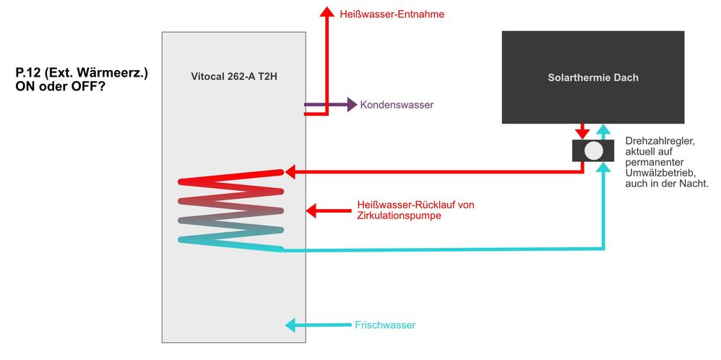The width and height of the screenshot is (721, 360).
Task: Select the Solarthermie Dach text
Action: click(593, 77)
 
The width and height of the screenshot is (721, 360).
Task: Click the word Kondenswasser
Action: click(397, 106)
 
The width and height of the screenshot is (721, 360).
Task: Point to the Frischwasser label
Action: click(385, 325)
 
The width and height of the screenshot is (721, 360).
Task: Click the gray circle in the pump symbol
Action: click(593, 150)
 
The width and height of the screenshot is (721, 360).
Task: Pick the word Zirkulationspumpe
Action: click(399, 215)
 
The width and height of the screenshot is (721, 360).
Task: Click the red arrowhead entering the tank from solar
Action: click(291, 172)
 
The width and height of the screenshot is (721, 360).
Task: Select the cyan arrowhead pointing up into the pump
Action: click(604, 166)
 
